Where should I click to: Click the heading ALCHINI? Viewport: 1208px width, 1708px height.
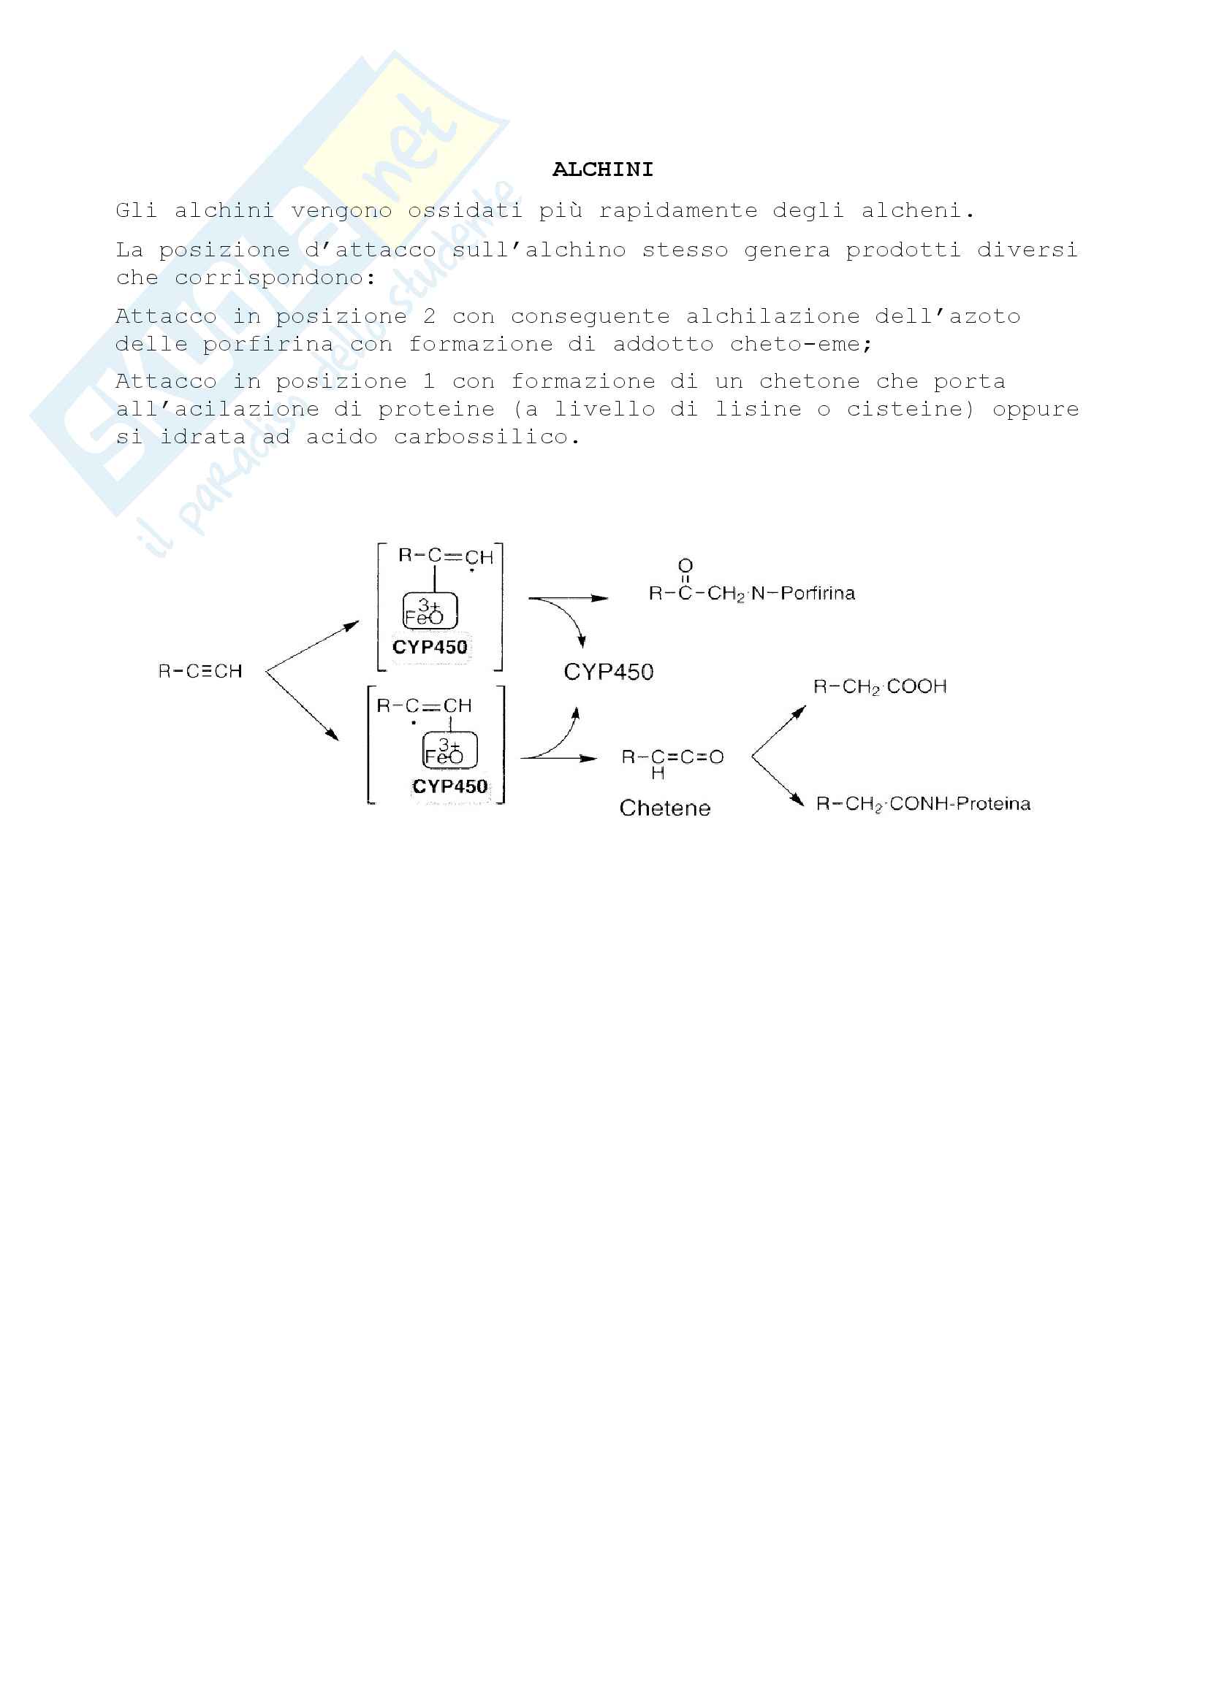602,169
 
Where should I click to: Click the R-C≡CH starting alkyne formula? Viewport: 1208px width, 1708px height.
200,671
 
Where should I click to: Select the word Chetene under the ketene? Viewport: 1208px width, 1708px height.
665,808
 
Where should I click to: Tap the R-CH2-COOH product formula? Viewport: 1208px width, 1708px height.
880,686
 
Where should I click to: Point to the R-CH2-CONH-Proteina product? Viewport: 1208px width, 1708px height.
923,803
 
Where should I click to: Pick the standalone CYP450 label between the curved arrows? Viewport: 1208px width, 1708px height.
608,672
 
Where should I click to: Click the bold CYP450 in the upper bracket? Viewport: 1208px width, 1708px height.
430,647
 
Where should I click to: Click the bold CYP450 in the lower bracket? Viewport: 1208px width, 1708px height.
449,786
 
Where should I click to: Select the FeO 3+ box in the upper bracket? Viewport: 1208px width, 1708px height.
430,611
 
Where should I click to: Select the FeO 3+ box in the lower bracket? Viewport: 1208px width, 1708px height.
449,751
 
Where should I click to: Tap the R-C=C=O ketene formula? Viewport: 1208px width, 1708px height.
672,757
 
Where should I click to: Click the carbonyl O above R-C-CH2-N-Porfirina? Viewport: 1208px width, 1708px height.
685,566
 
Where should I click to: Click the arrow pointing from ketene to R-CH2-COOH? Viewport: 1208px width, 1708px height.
778,731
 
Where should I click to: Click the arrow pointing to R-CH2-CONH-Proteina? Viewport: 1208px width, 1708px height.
778,781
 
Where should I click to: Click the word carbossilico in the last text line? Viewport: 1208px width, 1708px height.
486,437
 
